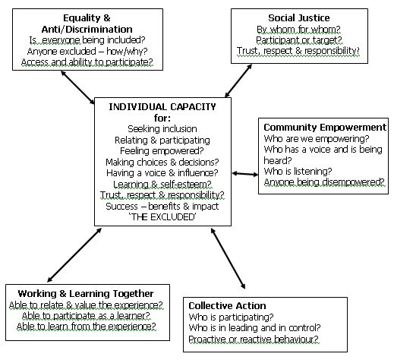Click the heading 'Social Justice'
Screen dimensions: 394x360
(299, 18)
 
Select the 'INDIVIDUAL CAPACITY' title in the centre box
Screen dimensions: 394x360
(162, 106)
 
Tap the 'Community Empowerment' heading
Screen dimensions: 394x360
(325, 127)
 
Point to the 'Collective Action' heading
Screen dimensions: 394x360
(227, 305)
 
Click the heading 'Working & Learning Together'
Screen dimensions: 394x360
(86, 294)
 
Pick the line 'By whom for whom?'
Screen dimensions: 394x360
(298, 30)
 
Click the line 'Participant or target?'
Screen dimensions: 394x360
(299, 40)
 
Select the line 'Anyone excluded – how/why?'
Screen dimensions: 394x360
(87, 52)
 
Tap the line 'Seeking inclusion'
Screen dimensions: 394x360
(162, 129)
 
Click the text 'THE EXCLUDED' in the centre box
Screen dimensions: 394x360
(162, 217)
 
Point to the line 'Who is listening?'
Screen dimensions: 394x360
(298, 172)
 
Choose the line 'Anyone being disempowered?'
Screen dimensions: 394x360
(324, 182)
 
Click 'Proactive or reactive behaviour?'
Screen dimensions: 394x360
(254, 339)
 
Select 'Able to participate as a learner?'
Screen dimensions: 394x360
(87, 316)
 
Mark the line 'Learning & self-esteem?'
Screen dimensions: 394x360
(162, 184)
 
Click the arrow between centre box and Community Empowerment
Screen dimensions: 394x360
(245, 174)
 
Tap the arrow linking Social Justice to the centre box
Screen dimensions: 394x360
(238, 81)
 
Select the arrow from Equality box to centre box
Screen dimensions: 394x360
(77, 87)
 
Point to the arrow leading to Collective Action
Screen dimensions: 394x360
(228, 258)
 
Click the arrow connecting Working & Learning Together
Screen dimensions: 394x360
(74, 255)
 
